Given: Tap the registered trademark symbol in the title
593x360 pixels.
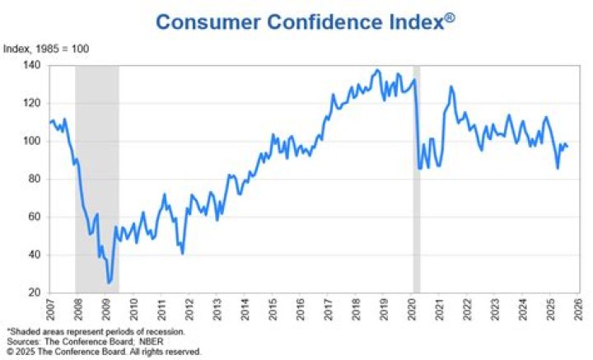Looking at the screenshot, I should [450, 16].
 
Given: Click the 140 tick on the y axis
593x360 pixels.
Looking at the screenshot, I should [32, 65].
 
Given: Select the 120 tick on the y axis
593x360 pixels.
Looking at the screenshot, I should [32, 103].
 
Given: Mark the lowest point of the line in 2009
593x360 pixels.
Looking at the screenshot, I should [109, 283].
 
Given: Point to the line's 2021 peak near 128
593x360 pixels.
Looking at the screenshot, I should [451, 86].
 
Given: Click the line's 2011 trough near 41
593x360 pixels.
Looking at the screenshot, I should [182, 253].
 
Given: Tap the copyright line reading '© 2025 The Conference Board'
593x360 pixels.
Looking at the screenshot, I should [103, 351].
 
